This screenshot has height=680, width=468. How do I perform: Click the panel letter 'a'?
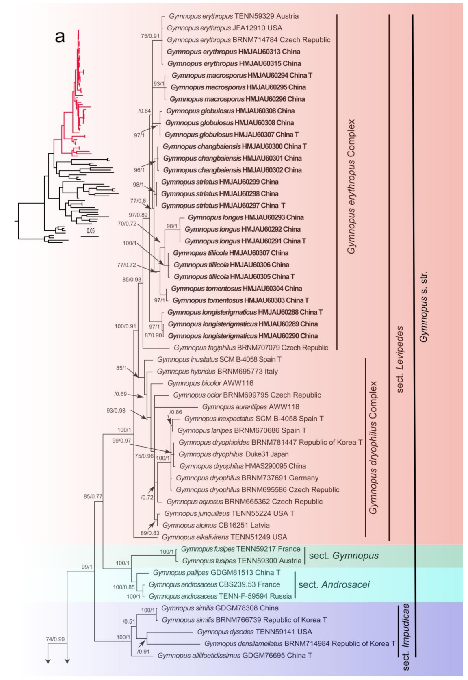60,37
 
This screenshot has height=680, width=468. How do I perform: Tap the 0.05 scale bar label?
90,231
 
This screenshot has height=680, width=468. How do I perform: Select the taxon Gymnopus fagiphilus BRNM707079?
251,348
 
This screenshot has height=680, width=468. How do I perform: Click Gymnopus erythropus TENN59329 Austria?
234,16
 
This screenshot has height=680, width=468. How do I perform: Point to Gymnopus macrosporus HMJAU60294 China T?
242,75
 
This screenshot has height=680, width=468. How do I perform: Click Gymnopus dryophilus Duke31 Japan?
234,454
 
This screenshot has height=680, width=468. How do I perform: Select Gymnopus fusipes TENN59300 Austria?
242,561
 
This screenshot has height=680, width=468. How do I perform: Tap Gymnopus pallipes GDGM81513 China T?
217,572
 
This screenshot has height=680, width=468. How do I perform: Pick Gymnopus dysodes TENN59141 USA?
254,632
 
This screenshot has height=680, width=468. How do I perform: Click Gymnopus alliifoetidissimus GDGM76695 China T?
235,655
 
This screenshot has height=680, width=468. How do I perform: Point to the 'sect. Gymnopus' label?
344,556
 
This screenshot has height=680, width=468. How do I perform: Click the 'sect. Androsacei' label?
334,584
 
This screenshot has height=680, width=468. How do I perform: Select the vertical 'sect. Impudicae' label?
405,637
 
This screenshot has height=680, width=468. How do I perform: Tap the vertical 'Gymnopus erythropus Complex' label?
351,187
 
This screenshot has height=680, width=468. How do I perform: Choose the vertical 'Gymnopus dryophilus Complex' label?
373,448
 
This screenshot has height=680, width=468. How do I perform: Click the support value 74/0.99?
55,639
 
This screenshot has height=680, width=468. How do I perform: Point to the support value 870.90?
153,335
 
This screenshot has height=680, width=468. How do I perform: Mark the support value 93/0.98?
116,411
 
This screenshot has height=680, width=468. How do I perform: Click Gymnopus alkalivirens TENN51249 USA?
224,537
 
